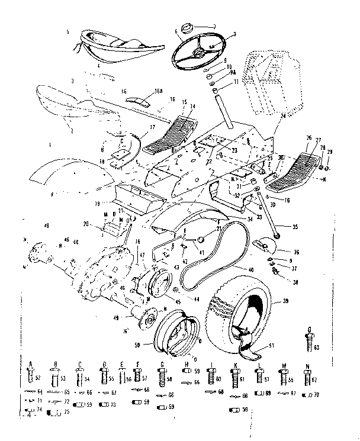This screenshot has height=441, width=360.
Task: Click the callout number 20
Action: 87,224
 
